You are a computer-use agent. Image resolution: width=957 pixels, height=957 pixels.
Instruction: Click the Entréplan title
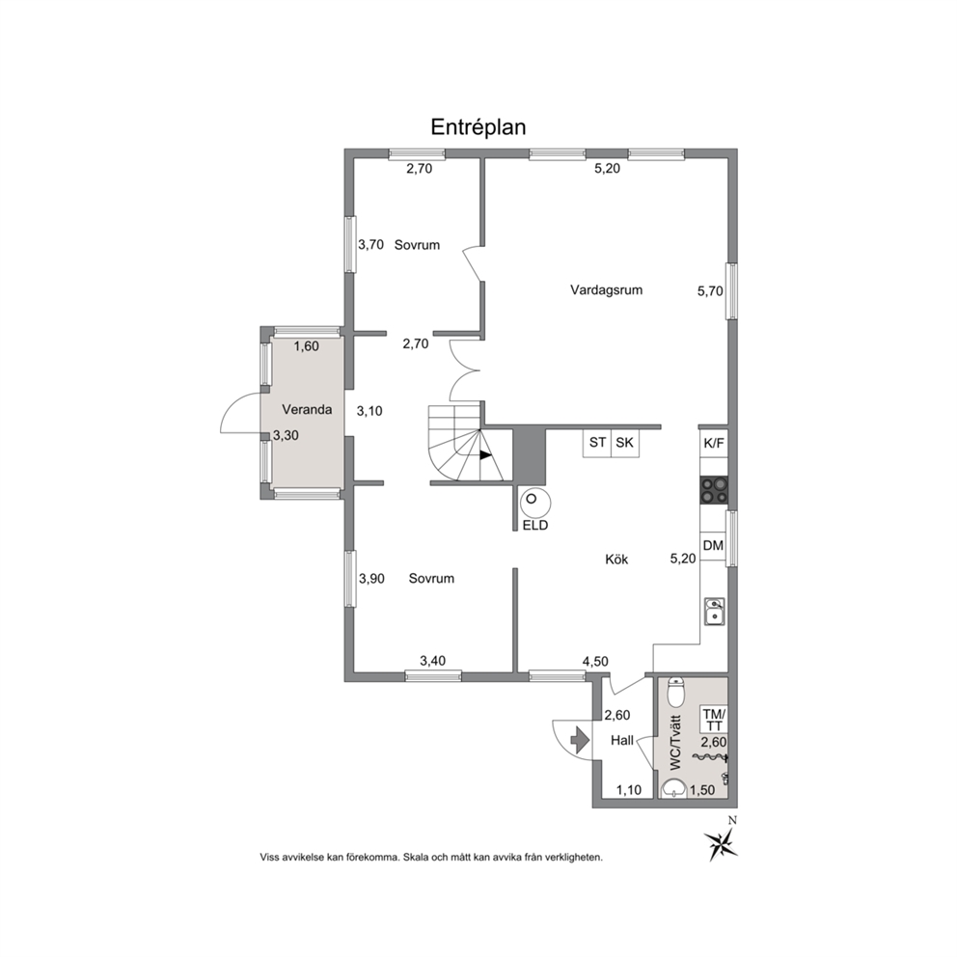tap(478, 127)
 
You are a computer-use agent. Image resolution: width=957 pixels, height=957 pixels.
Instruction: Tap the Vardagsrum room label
tap(606, 290)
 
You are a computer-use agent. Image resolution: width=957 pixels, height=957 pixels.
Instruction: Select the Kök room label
tap(616, 560)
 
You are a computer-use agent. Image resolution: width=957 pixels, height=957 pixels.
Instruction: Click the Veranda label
tap(307, 410)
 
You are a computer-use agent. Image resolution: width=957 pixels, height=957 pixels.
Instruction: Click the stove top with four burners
tap(714, 489)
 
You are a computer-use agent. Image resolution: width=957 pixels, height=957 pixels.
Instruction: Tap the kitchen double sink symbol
tap(714, 612)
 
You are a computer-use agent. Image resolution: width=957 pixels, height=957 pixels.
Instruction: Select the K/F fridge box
tap(714, 443)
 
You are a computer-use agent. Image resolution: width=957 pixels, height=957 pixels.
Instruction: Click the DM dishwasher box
tap(713, 546)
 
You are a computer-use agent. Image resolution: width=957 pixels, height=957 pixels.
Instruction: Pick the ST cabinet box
tap(597, 443)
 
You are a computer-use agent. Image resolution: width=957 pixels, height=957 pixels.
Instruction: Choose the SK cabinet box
tap(625, 443)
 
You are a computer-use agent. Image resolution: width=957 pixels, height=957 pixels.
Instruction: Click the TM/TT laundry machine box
tap(714, 720)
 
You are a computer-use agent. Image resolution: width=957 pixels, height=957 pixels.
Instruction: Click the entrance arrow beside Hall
tap(579, 740)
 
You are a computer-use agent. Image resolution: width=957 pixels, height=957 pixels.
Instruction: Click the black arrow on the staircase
tap(485, 454)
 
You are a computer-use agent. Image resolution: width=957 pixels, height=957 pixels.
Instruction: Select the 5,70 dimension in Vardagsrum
tap(710, 291)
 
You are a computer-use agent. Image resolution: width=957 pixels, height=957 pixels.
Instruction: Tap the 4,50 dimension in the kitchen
tap(595, 661)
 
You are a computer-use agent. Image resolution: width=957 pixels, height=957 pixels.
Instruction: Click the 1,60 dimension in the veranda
tap(306, 346)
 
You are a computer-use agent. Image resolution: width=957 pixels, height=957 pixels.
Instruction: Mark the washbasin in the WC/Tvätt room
tap(674, 790)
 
